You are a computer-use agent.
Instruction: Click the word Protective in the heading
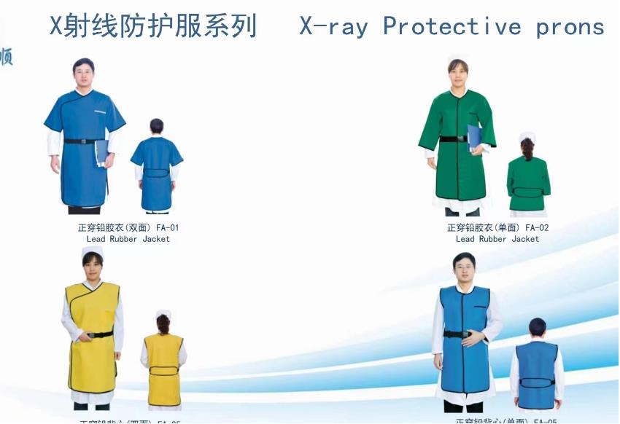point(452,27)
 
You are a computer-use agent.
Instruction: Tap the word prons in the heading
point(570,28)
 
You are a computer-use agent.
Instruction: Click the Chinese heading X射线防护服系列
point(153,26)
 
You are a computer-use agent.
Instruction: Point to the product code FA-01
point(168,227)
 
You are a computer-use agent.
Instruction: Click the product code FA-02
point(537,227)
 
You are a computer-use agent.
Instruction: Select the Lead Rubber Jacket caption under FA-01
point(128,239)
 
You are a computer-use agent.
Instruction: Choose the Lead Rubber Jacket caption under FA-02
point(497,239)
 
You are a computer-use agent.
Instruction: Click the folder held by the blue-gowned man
point(101,152)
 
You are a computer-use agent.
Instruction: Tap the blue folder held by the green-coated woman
point(474,138)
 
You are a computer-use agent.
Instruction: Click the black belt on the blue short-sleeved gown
point(82,141)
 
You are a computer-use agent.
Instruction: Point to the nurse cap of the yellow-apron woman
point(92,252)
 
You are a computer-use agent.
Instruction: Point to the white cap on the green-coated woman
point(457,57)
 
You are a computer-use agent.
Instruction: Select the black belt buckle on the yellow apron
point(91,335)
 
